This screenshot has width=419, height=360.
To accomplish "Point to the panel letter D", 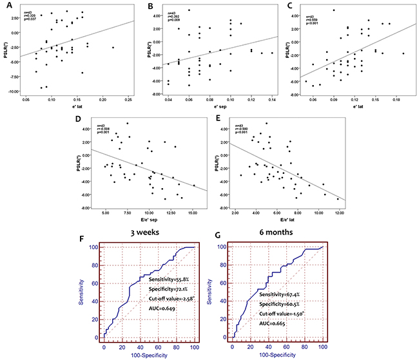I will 78,120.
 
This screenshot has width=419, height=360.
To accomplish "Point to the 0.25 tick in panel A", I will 128,100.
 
